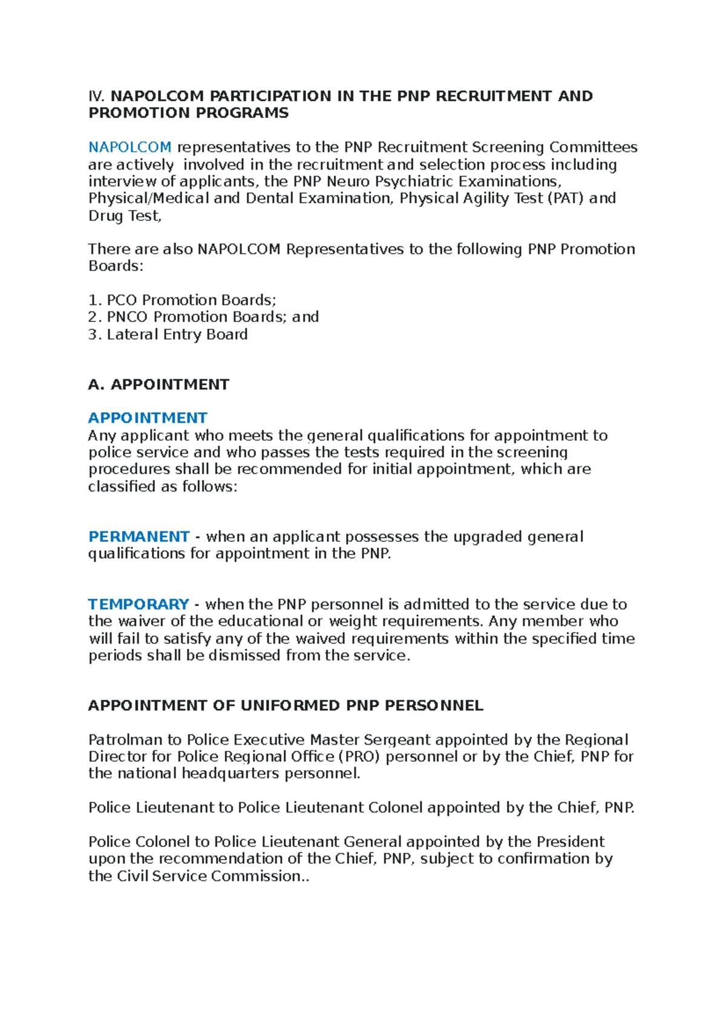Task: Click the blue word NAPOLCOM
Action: (130, 147)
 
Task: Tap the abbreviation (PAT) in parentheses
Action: (565, 198)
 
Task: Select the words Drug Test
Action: (125, 216)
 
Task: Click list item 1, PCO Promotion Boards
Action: (182, 300)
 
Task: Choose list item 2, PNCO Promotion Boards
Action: (203, 317)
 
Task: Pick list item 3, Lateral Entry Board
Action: (168, 334)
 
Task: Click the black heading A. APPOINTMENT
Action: (159, 384)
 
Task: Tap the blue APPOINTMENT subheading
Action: (148, 418)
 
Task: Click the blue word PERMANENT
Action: (139, 536)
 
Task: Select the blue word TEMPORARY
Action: (139, 604)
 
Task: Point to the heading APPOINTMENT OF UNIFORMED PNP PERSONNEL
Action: (286, 705)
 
